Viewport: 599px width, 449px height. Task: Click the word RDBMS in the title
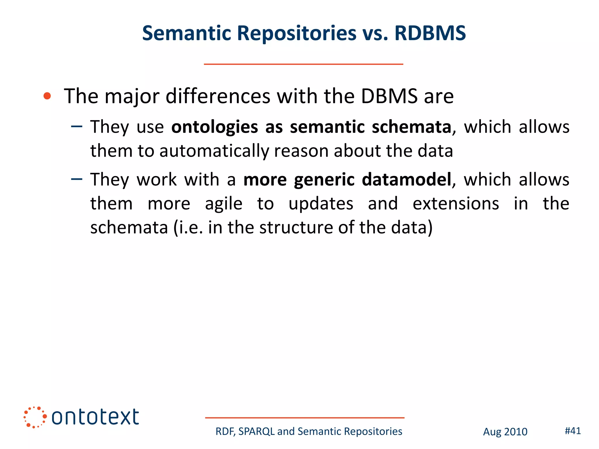coord(430,33)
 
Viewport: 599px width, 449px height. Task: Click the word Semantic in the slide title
coord(187,33)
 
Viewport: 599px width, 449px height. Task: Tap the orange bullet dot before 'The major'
coord(47,96)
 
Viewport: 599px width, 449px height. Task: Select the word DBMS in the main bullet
coord(389,96)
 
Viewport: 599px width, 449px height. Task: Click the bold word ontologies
coord(214,127)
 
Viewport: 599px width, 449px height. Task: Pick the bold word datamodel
coord(407,179)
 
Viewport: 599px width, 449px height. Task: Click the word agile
coord(223,204)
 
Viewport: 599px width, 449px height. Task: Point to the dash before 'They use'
coord(77,127)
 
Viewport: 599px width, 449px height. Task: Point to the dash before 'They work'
coord(77,179)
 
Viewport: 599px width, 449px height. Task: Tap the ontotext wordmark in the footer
coord(95,417)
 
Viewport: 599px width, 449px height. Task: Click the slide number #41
coord(572,431)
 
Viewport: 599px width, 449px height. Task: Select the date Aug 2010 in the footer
coord(505,432)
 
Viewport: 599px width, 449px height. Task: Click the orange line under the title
coord(303,64)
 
